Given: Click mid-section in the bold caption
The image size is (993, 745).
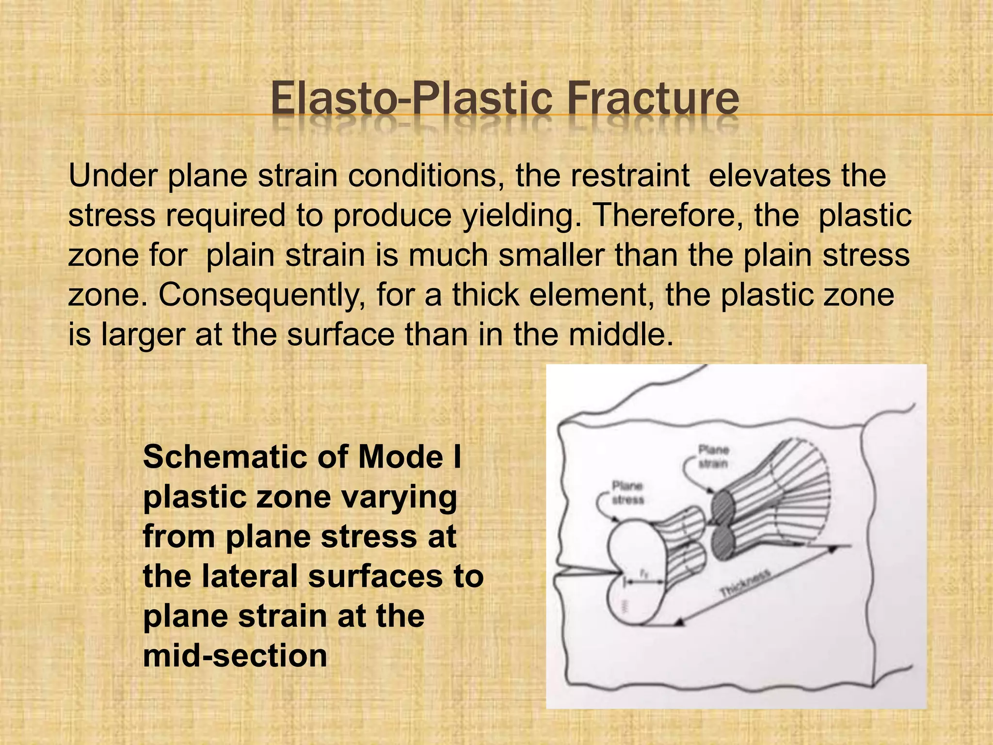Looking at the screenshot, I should pos(235,656).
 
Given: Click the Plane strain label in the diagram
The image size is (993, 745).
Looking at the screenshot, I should pos(713,457).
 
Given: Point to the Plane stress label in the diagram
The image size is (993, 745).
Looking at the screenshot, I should pos(627,492).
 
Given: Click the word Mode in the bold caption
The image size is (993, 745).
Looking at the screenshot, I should pos(400,457).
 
